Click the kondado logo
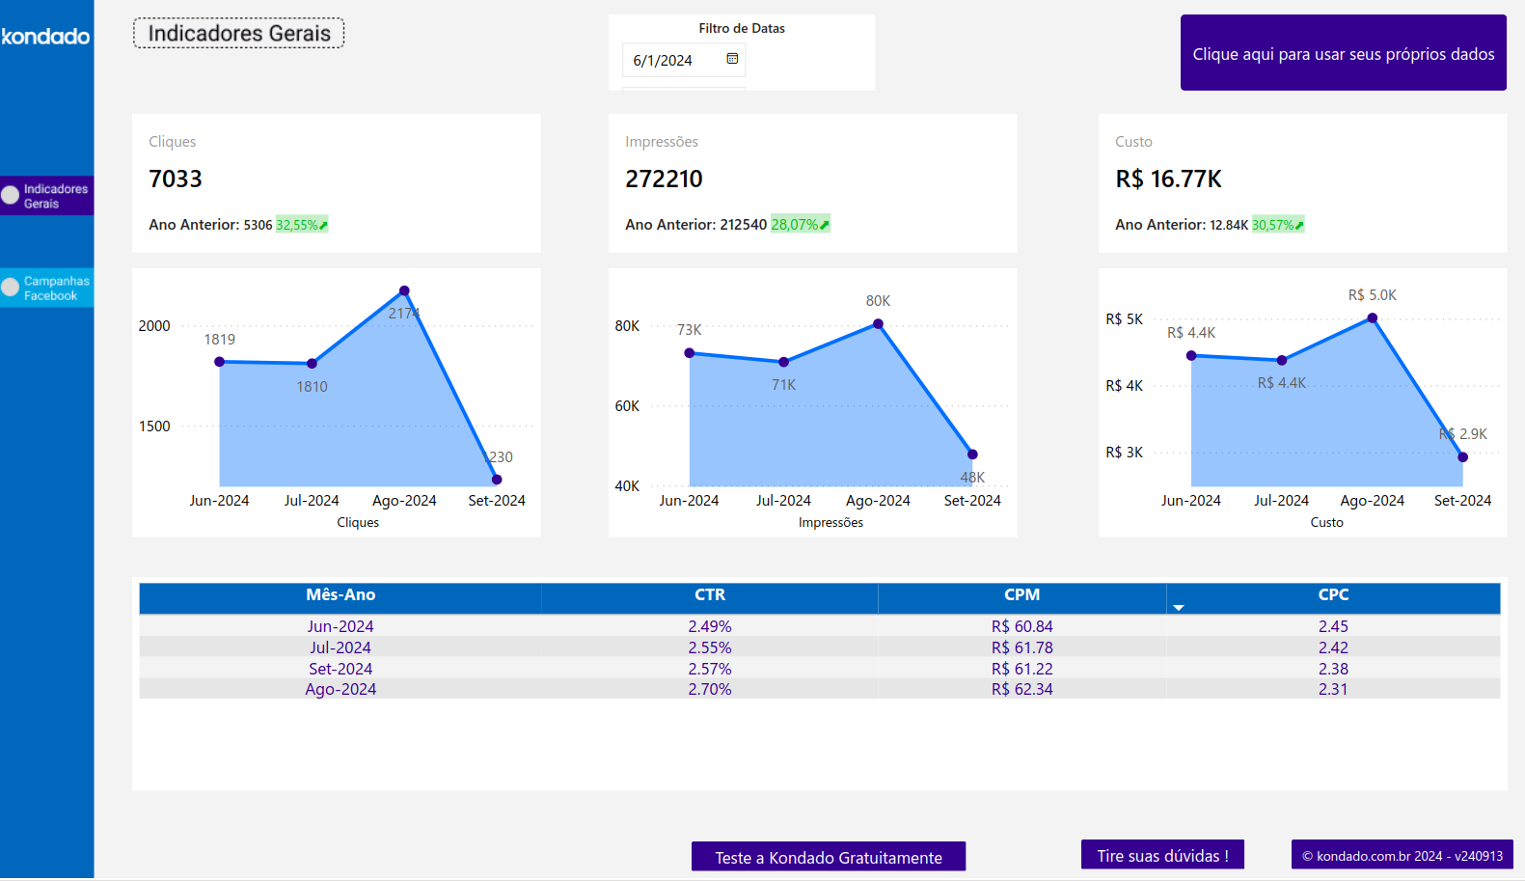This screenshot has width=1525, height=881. click(45, 37)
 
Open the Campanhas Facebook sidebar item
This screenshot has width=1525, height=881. click(48, 288)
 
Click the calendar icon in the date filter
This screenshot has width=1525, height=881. click(732, 59)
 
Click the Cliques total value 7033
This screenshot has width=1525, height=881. click(176, 179)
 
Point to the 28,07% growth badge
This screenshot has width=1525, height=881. click(800, 225)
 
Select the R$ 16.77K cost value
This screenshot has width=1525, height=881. click(1168, 179)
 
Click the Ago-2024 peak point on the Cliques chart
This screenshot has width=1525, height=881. click(404, 290)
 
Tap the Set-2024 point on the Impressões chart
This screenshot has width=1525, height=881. click(972, 454)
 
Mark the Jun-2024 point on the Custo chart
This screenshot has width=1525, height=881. click(1191, 356)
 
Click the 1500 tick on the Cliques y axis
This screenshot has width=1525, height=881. click(154, 427)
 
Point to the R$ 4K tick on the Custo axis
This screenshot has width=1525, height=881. click(1124, 386)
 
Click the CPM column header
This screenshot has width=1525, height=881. click(1021, 595)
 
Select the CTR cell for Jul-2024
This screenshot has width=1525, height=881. click(709, 647)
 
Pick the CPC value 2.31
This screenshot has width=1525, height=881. click(1333, 689)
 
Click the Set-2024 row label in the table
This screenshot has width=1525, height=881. click(340, 669)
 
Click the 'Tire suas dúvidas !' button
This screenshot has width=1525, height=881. click(1162, 856)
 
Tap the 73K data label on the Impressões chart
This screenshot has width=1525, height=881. click(689, 330)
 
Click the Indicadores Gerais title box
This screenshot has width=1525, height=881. click(238, 34)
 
